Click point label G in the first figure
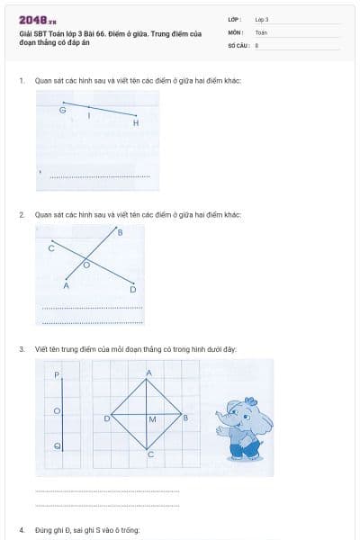62,110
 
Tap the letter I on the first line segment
89,115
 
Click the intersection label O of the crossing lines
86,265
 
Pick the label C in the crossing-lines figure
51,247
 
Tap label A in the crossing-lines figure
67,285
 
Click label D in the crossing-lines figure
132,290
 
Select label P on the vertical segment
56,374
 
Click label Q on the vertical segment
56,445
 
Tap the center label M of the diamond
152,420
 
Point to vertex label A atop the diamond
148,372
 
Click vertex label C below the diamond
150,455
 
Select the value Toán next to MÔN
261,31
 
